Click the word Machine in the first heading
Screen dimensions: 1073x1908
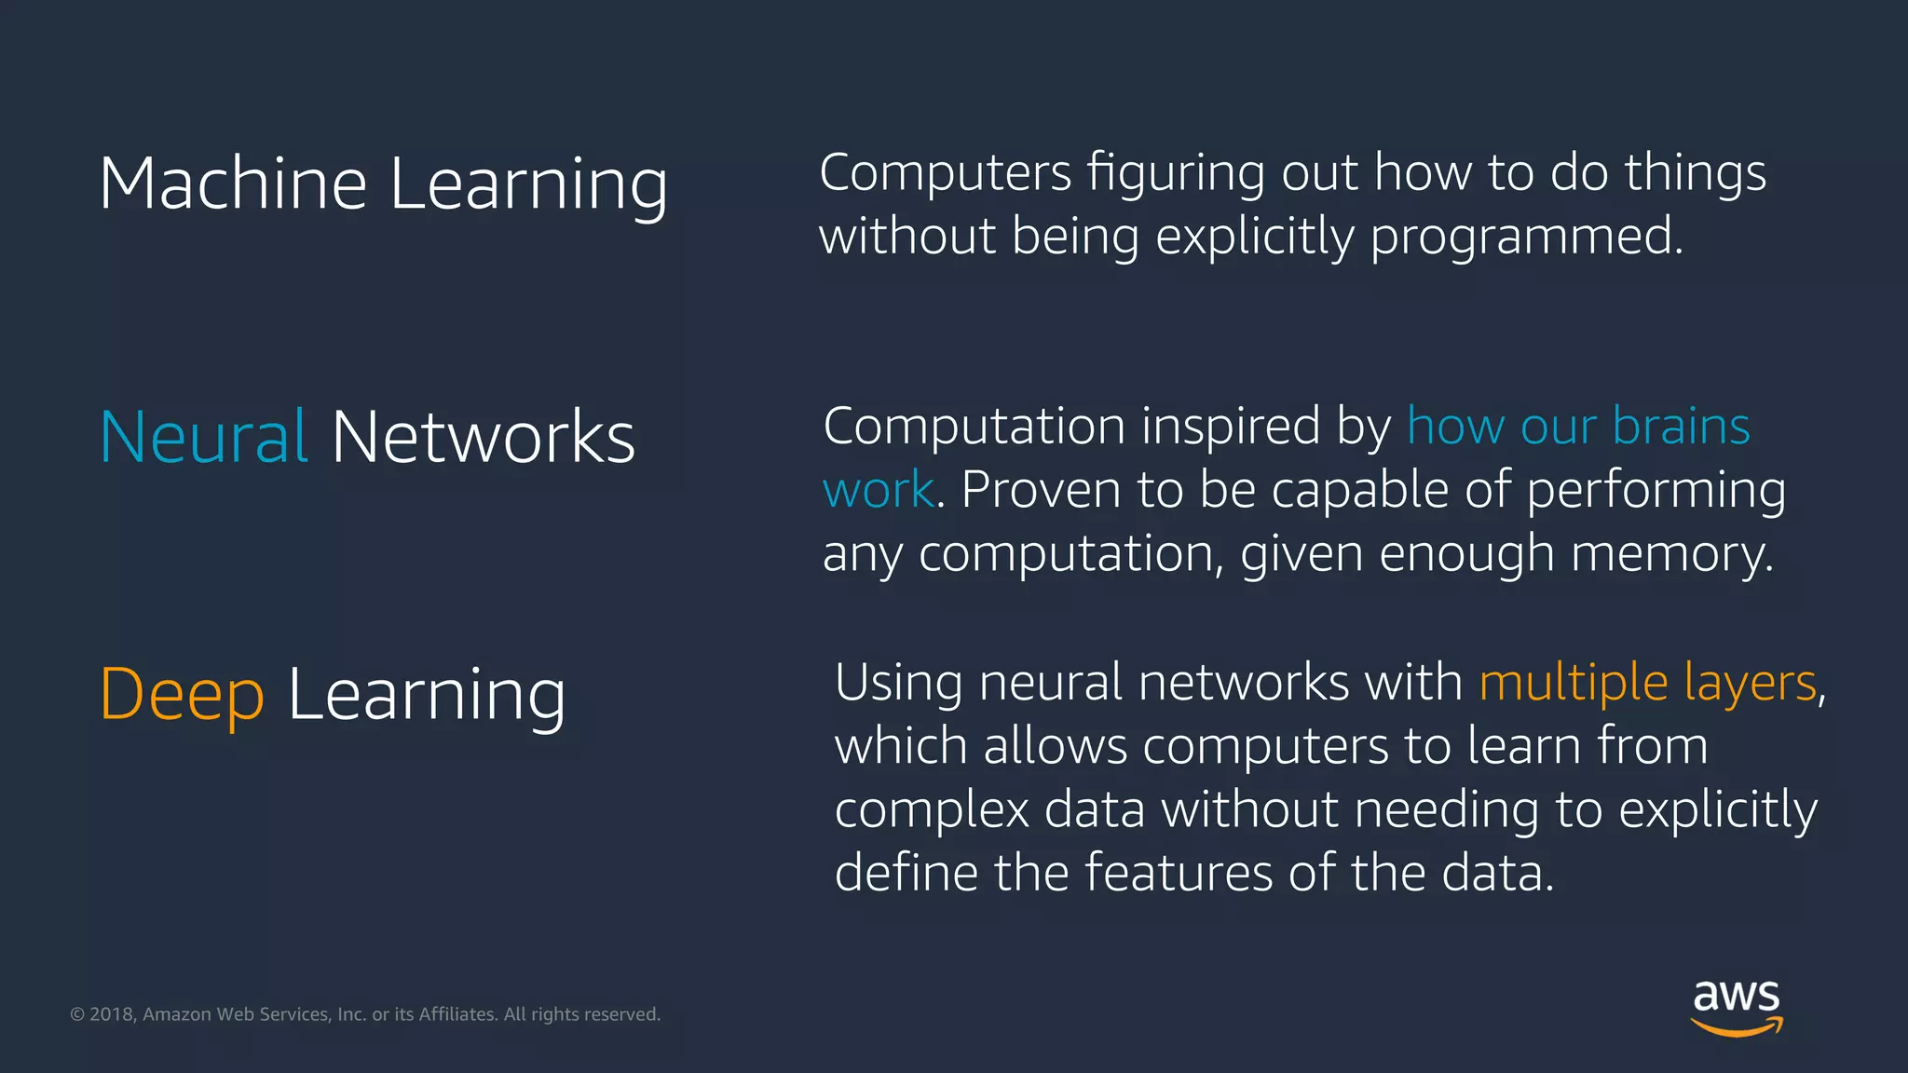233,183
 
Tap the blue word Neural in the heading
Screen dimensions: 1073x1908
203,437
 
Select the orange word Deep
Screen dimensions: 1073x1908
182,695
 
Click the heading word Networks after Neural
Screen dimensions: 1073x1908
483,437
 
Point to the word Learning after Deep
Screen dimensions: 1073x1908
427,695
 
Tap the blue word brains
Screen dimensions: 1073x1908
1681,427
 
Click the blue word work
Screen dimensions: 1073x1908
878,490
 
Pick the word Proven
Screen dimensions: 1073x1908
1040,490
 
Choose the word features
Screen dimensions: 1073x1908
1178,874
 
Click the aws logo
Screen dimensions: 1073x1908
1737,1007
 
